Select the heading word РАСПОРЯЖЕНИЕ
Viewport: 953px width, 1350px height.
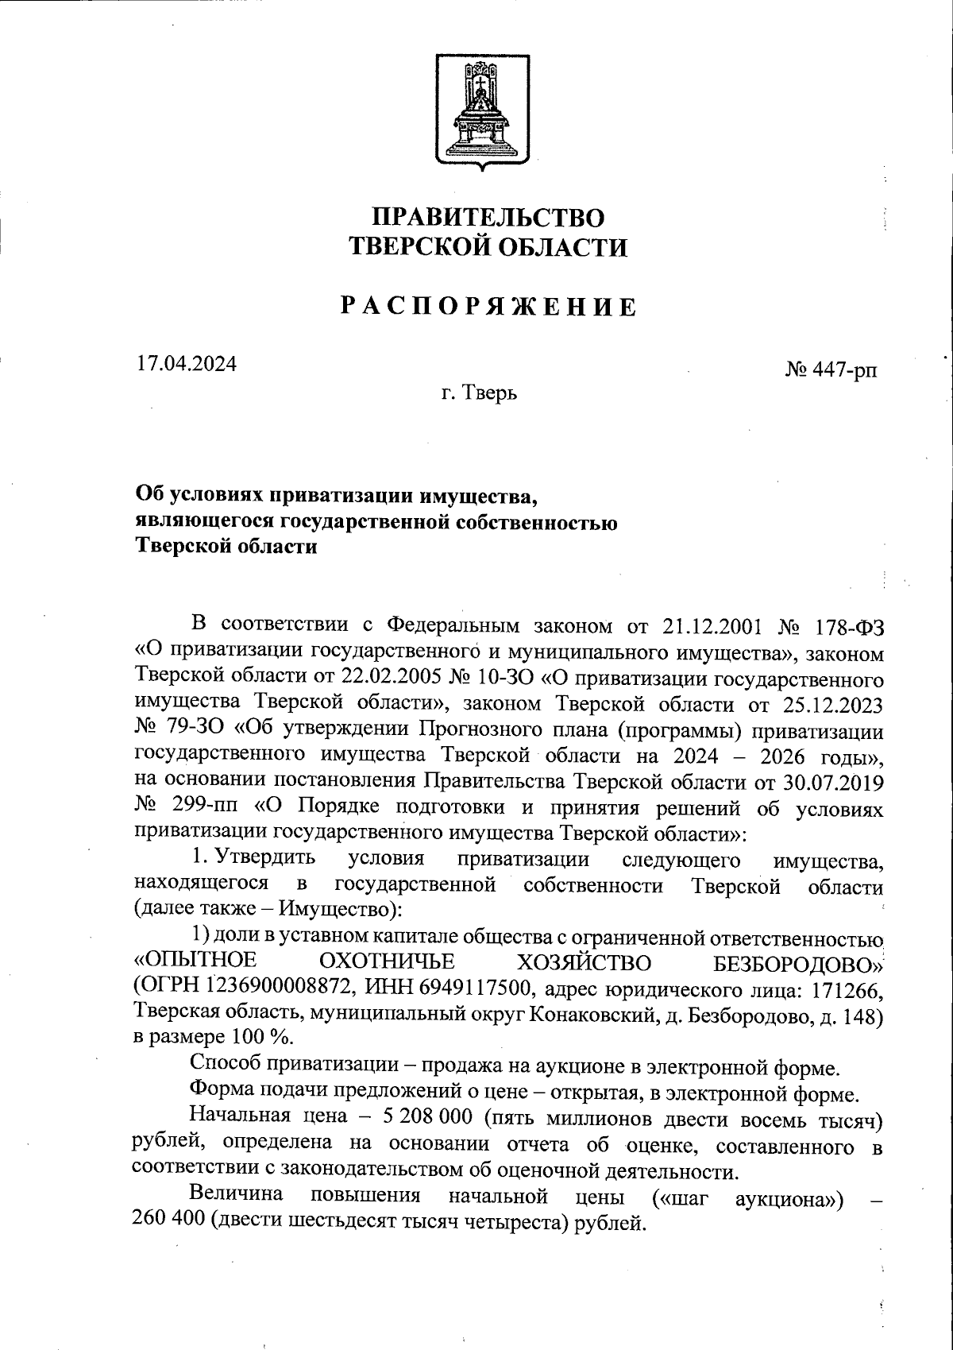click(489, 306)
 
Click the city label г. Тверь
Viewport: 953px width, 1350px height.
click(480, 393)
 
